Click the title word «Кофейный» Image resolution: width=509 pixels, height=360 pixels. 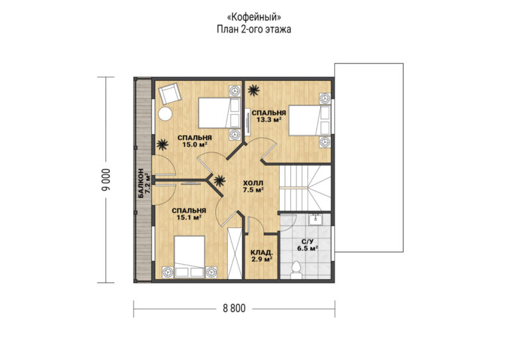[x=254, y=17]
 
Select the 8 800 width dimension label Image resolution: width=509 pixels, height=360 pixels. [x=234, y=308]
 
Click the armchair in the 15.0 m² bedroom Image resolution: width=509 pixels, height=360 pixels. [x=170, y=93]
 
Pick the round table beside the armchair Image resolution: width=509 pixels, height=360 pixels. [x=165, y=114]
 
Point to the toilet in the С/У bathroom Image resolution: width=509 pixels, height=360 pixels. [x=296, y=270]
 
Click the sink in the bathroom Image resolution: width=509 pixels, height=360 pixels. [x=315, y=219]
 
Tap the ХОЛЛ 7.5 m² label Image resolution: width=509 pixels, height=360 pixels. [x=253, y=187]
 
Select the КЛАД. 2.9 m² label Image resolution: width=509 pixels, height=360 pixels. [x=261, y=256]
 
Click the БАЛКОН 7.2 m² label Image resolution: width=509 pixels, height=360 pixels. [x=144, y=184]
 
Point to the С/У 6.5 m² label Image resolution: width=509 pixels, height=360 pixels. [x=307, y=245]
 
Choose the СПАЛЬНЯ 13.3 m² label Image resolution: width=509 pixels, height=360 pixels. [x=269, y=116]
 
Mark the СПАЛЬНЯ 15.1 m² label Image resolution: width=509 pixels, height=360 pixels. [x=189, y=214]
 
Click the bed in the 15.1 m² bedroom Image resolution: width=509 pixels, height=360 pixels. [x=190, y=257]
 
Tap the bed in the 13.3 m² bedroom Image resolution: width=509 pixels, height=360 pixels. [x=310, y=120]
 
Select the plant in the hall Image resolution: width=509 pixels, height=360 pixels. [x=219, y=180]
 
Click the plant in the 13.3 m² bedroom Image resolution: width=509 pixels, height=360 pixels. [x=254, y=90]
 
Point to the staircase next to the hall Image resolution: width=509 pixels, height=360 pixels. [x=305, y=188]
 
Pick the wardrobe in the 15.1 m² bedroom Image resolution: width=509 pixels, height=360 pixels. [x=235, y=253]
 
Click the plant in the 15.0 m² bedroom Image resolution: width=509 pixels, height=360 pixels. [x=162, y=145]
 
